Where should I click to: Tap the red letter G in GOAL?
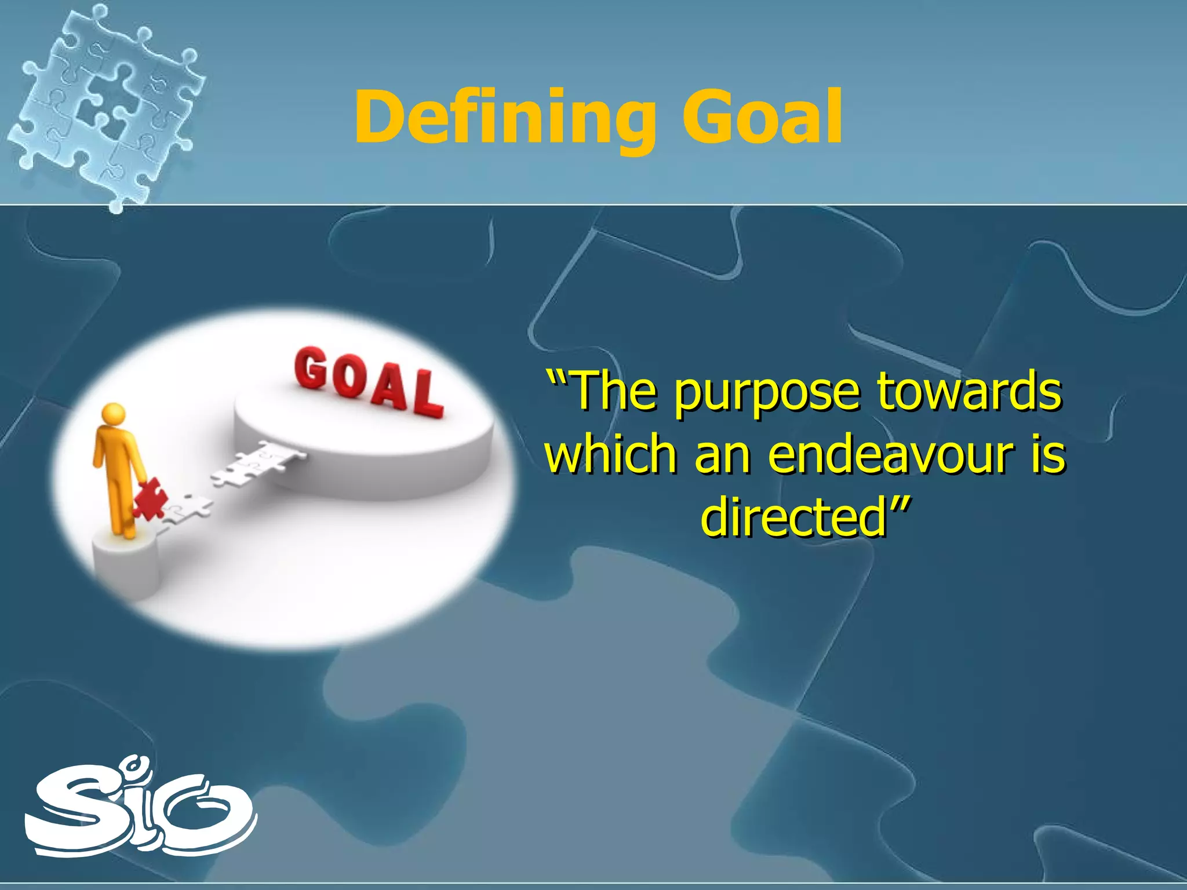pyautogui.click(x=311, y=369)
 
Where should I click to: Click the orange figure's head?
pyautogui.click(x=113, y=414)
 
